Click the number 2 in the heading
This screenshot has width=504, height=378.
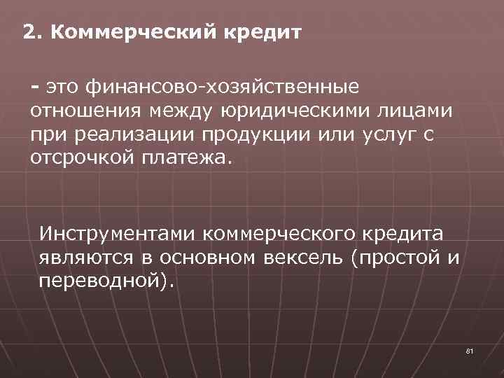point(28,33)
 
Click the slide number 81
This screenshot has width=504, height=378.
point(468,350)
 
